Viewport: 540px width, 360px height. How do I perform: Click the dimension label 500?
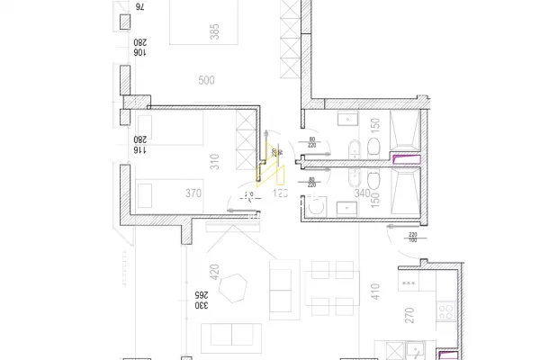click(x=206, y=80)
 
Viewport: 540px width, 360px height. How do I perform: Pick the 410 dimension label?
click(x=374, y=290)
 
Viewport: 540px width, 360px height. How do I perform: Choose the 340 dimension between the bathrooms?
click(x=362, y=192)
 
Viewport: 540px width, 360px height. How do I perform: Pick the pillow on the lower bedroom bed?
click(x=144, y=193)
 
